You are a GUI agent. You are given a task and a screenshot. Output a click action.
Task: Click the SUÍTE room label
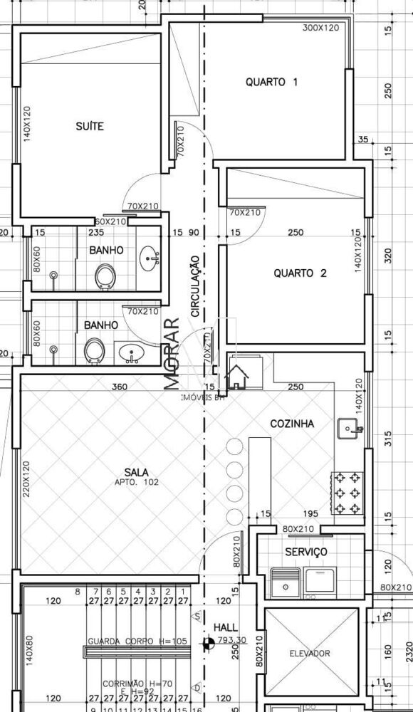pos(90,126)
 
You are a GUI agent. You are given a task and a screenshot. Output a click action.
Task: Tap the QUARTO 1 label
pos(271,82)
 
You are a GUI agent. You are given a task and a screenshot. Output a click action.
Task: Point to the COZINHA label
pos(292,424)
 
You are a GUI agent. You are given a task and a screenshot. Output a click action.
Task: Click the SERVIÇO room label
pos(305,552)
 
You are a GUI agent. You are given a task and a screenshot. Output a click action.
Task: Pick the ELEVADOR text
pos(309,653)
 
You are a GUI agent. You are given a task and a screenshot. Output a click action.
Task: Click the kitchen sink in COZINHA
pos(349,429)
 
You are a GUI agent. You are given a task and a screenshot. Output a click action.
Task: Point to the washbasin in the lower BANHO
pos(130,352)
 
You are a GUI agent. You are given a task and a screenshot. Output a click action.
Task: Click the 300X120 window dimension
pos(320,28)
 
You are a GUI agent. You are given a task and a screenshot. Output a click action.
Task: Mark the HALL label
pos(226,627)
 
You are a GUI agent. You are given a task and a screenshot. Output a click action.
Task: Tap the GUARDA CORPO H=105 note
pos(137,641)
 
